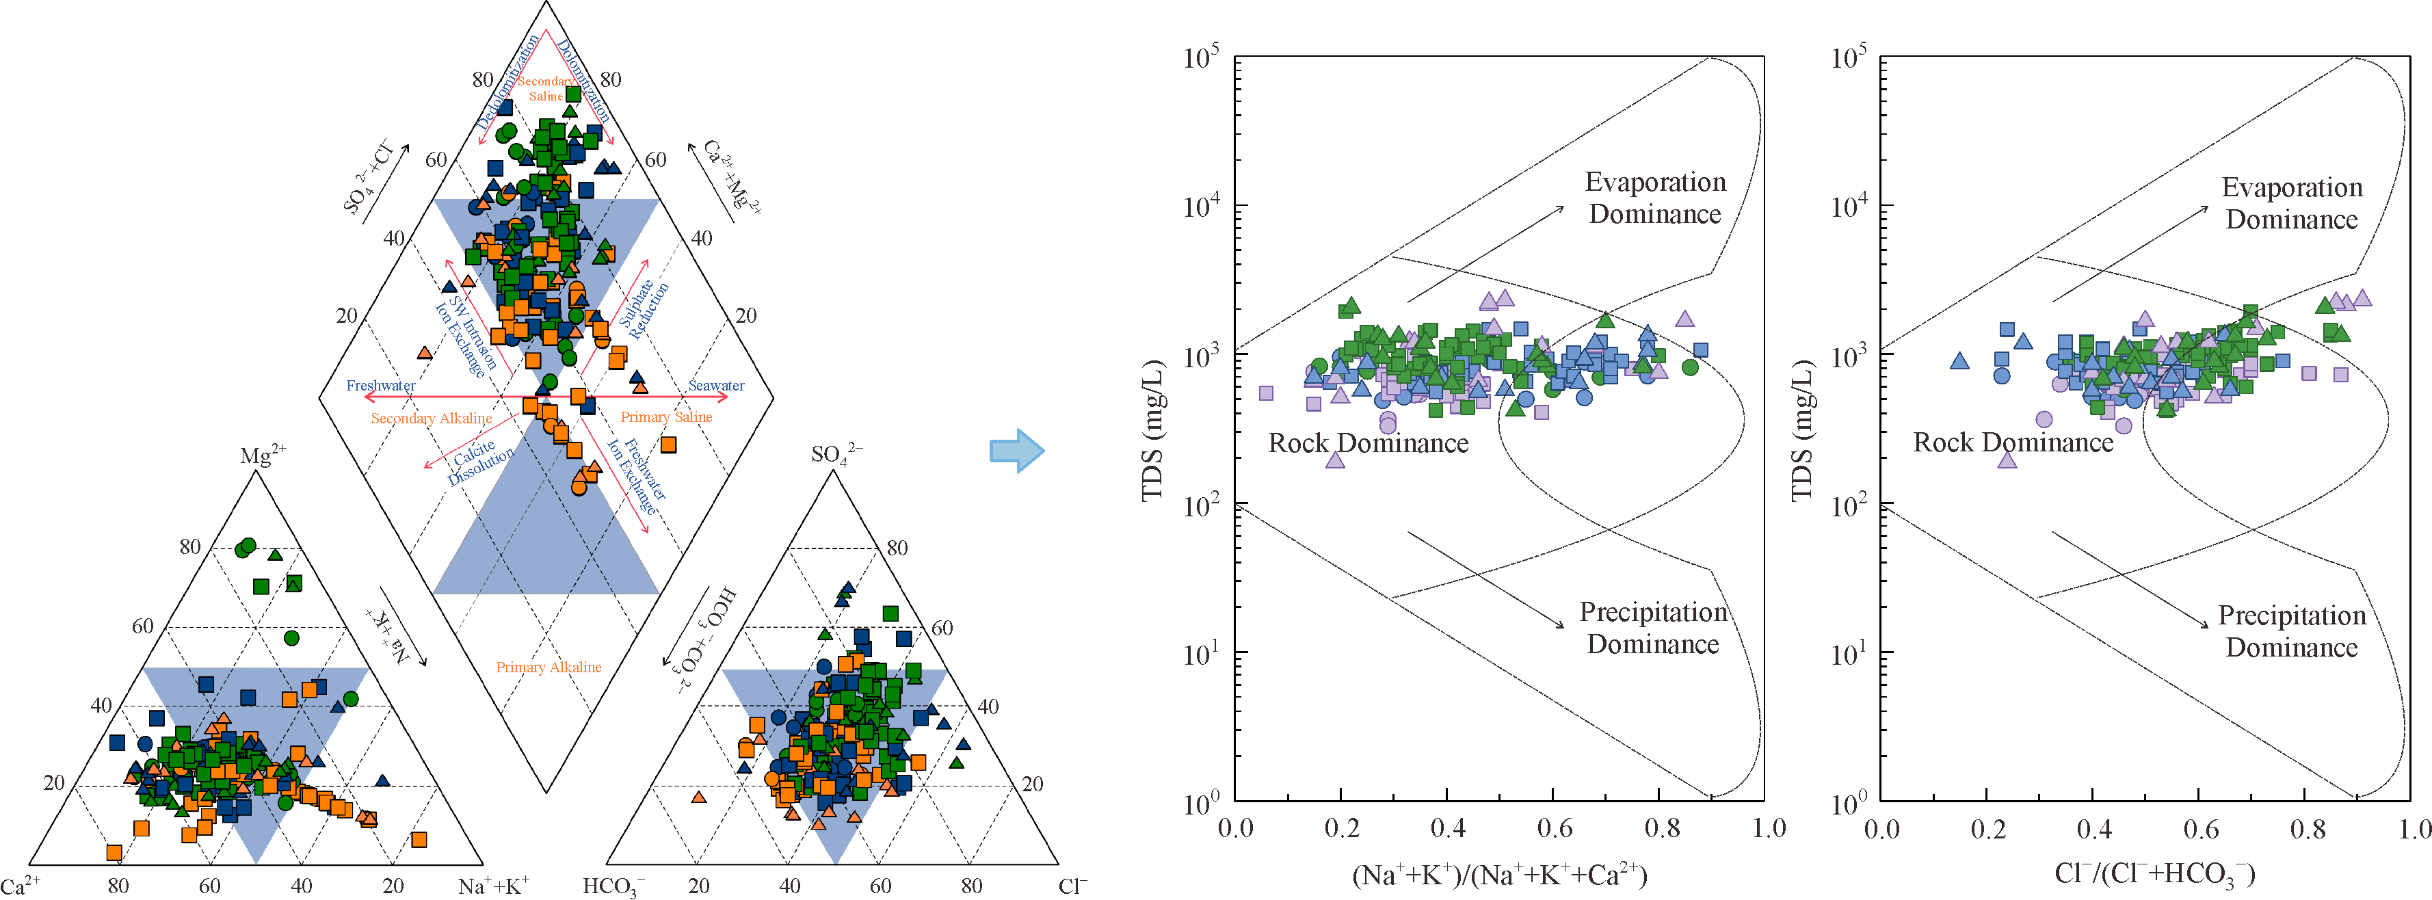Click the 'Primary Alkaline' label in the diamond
point(548,667)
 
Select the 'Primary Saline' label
point(665,416)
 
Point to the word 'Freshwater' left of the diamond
point(380,385)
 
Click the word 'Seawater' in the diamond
point(715,385)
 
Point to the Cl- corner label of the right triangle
point(1072,886)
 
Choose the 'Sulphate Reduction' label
point(644,307)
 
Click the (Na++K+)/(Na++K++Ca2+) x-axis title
point(1499,875)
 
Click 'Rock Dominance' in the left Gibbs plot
point(1368,443)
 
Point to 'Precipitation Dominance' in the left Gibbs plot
point(1653,628)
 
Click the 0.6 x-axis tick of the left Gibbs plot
point(1554,828)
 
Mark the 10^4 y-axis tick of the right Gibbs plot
point(1848,206)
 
